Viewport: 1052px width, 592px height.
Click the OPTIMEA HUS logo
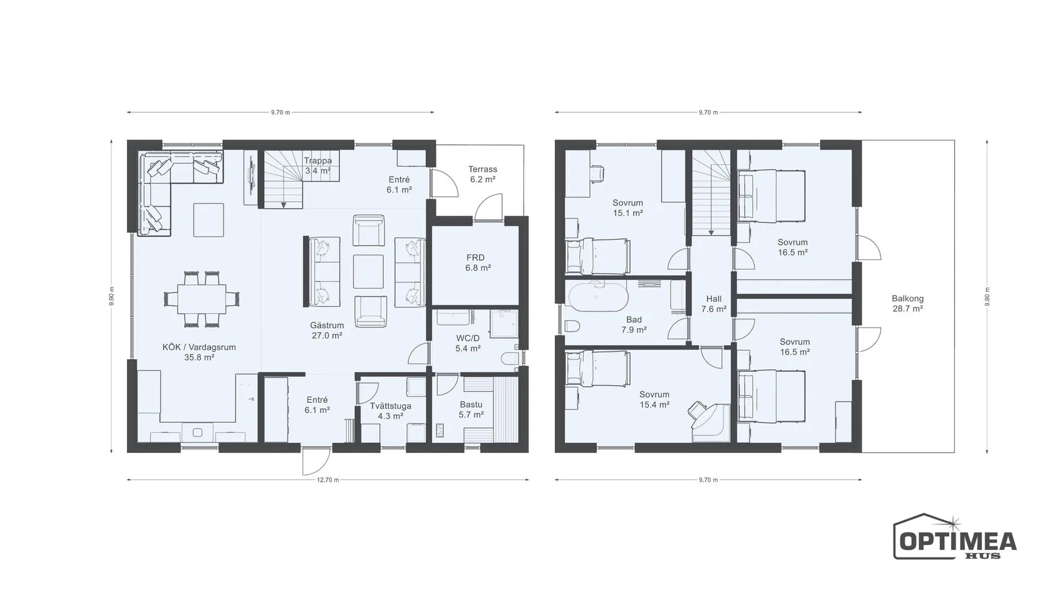[954, 536]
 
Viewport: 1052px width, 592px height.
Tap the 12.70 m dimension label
[328, 480]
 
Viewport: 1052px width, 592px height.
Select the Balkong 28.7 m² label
[907, 303]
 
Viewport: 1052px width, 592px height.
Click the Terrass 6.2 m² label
[483, 174]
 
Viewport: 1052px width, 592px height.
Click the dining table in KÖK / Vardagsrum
[202, 299]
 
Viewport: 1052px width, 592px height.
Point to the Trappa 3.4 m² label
[318, 166]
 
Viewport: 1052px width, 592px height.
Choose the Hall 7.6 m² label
[714, 304]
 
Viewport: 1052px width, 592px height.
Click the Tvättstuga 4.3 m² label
[390, 411]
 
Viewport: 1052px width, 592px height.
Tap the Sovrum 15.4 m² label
[654, 400]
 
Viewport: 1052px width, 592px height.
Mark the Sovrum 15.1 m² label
[627, 208]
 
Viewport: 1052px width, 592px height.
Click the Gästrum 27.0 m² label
[327, 330]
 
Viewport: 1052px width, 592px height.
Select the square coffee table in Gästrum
[368, 271]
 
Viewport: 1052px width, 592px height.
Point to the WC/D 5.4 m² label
[468, 343]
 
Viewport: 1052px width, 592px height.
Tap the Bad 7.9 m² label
[634, 325]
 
